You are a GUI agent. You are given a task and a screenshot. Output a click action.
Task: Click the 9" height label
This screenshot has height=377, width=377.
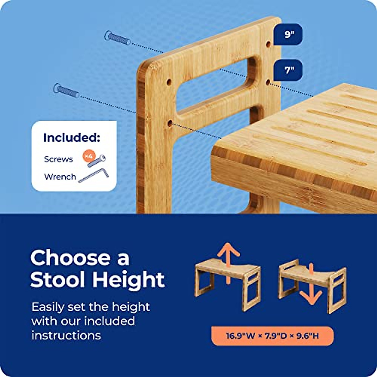tap(288, 34)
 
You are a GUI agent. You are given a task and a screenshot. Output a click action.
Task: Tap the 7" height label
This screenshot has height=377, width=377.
tap(288, 70)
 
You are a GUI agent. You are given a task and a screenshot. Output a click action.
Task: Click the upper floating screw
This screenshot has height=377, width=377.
tap(117, 38)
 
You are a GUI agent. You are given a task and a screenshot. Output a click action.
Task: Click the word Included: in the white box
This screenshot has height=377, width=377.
tap(72, 138)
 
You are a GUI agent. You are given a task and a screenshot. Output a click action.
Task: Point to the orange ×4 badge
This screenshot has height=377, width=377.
tap(88, 156)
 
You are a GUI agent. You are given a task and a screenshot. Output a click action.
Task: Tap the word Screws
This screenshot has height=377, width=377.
tap(58, 159)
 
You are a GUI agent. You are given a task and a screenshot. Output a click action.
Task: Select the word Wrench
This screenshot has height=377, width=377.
tap(60, 177)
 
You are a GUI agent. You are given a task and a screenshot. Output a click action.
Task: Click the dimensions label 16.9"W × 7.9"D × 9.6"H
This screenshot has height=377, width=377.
tap(272, 336)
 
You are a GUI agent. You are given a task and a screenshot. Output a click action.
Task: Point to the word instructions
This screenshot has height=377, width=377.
tap(66, 335)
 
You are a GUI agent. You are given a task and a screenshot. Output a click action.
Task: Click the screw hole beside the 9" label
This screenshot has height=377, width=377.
tap(269, 44)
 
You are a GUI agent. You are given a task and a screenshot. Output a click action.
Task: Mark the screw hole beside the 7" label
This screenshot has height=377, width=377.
tap(268, 82)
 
